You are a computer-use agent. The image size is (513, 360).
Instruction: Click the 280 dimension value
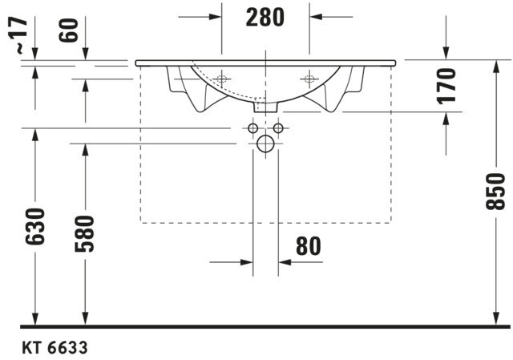click(x=265, y=18)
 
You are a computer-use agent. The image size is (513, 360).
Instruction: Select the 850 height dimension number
click(x=495, y=192)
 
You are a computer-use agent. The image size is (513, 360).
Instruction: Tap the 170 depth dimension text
click(x=446, y=86)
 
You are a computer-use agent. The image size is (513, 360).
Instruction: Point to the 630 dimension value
click(x=34, y=226)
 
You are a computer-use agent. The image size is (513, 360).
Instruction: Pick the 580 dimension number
click(x=84, y=233)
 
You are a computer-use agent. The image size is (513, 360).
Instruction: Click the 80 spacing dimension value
click(x=309, y=246)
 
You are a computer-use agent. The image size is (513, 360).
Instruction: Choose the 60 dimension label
click(x=69, y=30)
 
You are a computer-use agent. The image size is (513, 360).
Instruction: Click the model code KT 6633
click(x=55, y=347)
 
